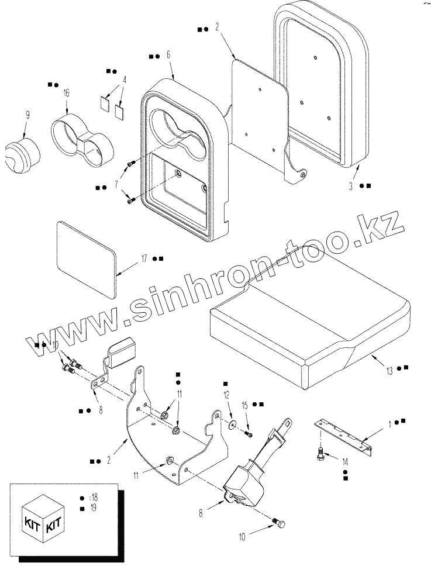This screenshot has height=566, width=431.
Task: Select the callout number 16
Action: (x=66, y=94)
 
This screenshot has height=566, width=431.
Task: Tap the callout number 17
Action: (x=144, y=258)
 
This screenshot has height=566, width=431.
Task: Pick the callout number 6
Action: (x=168, y=55)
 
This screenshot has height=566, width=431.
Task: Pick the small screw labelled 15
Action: (x=249, y=433)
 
